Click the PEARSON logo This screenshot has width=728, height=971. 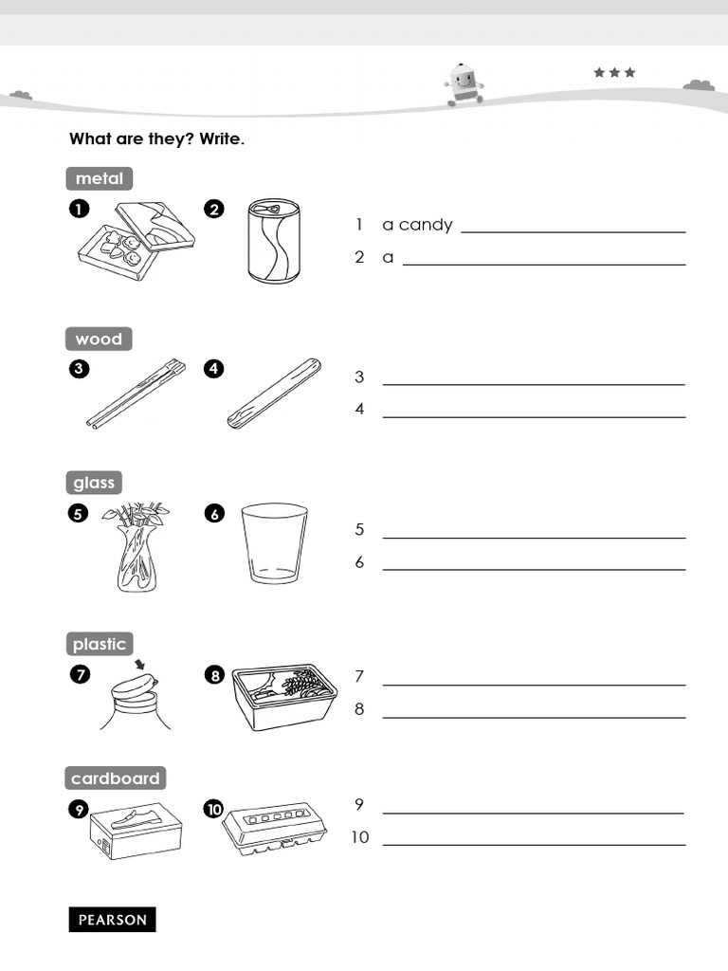pos(112,919)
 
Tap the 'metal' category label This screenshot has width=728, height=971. pos(99,178)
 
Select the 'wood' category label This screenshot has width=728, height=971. pos(99,339)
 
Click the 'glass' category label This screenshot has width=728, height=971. pos(94,483)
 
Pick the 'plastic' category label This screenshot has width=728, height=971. pos(99,644)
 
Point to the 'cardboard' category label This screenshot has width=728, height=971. pos(115,779)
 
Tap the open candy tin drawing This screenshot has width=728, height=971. pos(135,240)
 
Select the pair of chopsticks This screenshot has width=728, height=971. pos(136,393)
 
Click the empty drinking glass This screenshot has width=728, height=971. pos(274,543)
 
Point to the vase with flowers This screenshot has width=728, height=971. pos(136,548)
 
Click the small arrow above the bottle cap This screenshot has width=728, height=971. pos(141,666)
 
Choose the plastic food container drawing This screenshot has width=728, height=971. pos(284,696)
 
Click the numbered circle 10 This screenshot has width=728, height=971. pos(213,809)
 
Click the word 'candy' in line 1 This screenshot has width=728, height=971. pos(426,225)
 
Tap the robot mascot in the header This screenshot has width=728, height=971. pos(463,83)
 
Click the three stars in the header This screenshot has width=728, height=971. pos(614,72)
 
